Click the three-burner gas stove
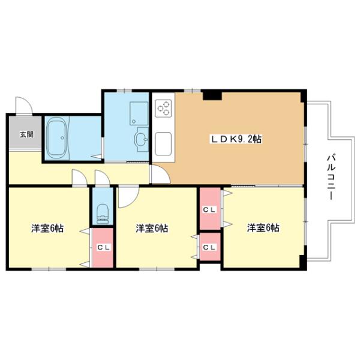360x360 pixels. point(163,108)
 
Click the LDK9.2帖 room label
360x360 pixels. point(236,139)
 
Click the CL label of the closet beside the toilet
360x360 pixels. point(102,247)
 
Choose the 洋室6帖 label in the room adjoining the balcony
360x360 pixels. point(263,227)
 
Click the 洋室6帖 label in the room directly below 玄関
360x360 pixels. point(48,228)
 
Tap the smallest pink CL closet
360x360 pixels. point(209,247)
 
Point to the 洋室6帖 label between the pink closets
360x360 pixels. point(151,228)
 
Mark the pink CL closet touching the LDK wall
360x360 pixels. point(209,209)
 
